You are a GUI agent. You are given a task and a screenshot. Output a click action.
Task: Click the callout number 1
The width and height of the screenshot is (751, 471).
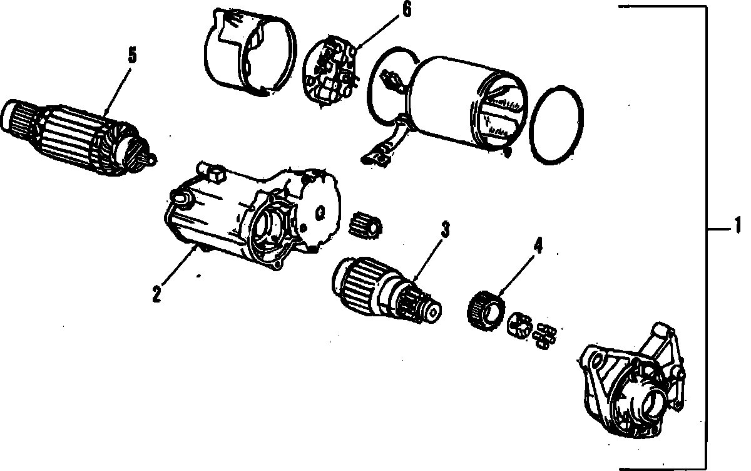coord(737,224)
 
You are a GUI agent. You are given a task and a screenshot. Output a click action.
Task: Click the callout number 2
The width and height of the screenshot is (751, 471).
coord(156,292)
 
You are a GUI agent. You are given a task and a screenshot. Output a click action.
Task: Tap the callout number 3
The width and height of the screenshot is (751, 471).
coord(445,230)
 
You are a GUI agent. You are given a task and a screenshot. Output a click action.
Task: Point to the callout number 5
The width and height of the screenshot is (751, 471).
coord(132,55)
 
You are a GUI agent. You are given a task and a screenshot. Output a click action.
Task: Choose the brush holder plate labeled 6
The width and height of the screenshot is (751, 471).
coord(331,72)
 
